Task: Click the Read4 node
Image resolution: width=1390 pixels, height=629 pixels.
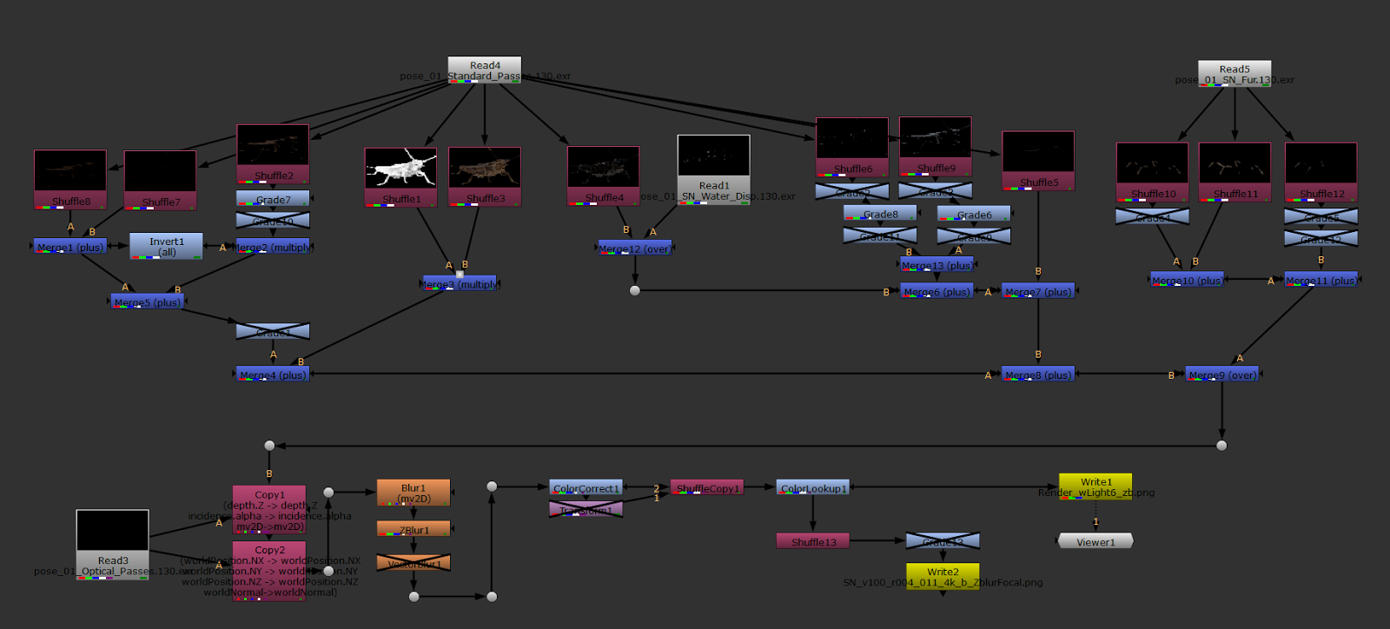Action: (484, 70)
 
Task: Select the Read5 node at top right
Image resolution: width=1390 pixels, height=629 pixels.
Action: (1234, 73)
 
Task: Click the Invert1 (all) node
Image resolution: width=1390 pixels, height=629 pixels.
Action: (166, 246)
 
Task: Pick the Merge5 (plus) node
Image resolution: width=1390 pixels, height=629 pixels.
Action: (148, 302)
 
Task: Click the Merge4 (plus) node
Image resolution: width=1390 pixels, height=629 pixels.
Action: (273, 374)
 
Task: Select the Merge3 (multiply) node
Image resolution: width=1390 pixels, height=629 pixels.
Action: (459, 284)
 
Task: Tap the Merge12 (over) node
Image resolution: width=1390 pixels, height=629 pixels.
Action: (634, 248)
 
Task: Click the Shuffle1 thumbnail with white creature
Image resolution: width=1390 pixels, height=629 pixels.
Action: (400, 169)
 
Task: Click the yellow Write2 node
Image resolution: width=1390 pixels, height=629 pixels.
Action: (942, 575)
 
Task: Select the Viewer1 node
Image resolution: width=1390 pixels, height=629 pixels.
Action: (1095, 541)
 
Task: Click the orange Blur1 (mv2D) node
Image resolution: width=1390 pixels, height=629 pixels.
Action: (414, 493)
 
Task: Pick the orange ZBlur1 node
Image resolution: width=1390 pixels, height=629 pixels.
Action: (414, 529)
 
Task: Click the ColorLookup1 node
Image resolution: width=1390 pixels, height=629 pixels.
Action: (812, 488)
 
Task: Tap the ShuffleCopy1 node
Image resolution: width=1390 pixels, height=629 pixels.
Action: (706, 488)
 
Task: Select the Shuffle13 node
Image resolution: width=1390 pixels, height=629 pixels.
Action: (813, 542)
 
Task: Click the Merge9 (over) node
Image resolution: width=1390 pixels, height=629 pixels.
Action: (1221, 374)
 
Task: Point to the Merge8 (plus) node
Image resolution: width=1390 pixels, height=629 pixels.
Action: (1038, 374)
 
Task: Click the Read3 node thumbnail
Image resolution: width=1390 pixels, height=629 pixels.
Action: (112, 530)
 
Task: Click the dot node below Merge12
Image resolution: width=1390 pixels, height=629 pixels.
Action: (635, 290)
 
